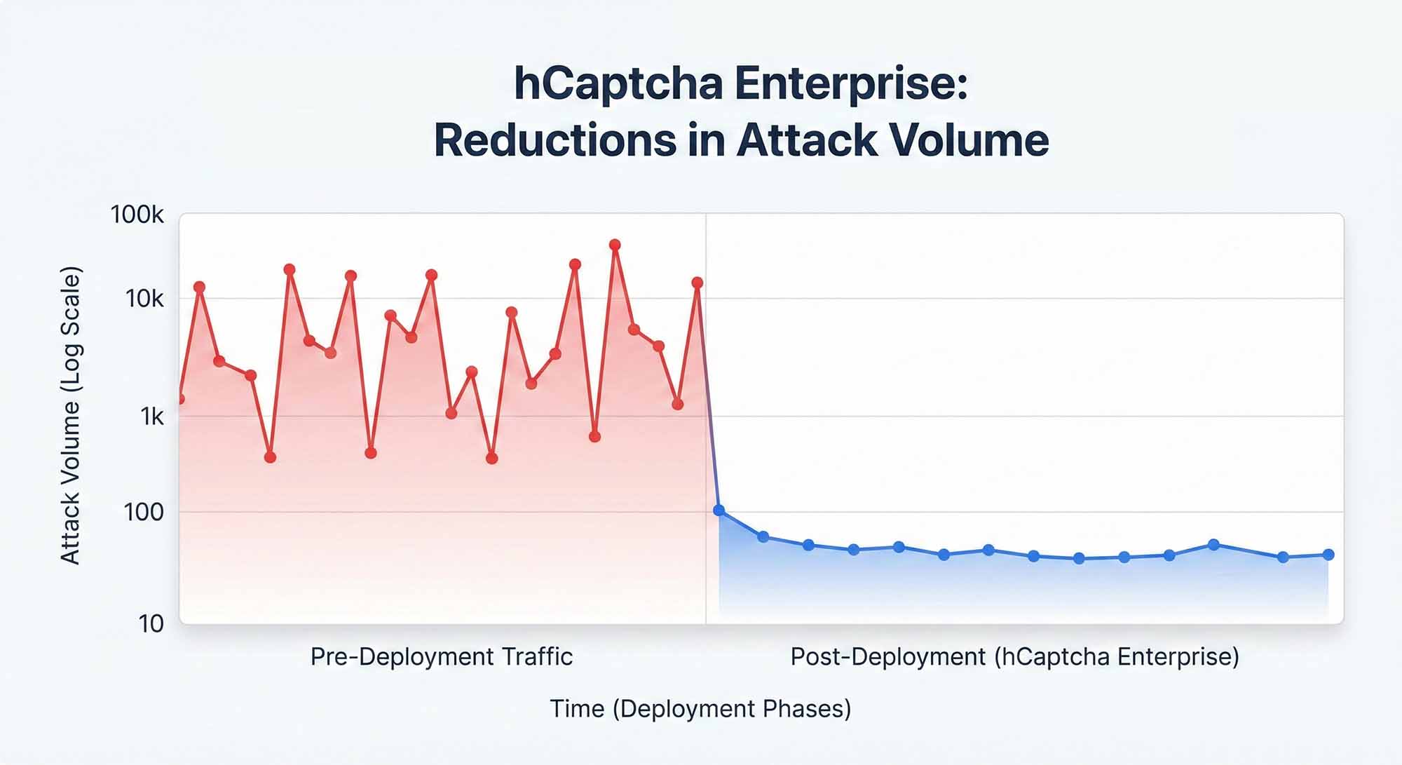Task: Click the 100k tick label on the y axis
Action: (137, 215)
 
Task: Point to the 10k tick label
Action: (144, 299)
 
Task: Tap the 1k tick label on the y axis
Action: (151, 417)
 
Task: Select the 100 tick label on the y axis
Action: (144, 513)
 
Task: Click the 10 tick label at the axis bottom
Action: (151, 623)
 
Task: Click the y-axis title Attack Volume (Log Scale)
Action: (71, 415)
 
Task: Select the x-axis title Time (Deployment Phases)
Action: (700, 709)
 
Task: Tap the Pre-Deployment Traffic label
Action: (442, 657)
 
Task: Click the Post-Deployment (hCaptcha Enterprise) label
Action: (1014, 657)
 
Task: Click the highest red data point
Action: (615, 245)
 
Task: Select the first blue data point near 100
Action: (719, 510)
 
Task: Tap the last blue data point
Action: (1328, 555)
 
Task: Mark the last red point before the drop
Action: (697, 283)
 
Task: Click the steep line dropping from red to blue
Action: (709, 407)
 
